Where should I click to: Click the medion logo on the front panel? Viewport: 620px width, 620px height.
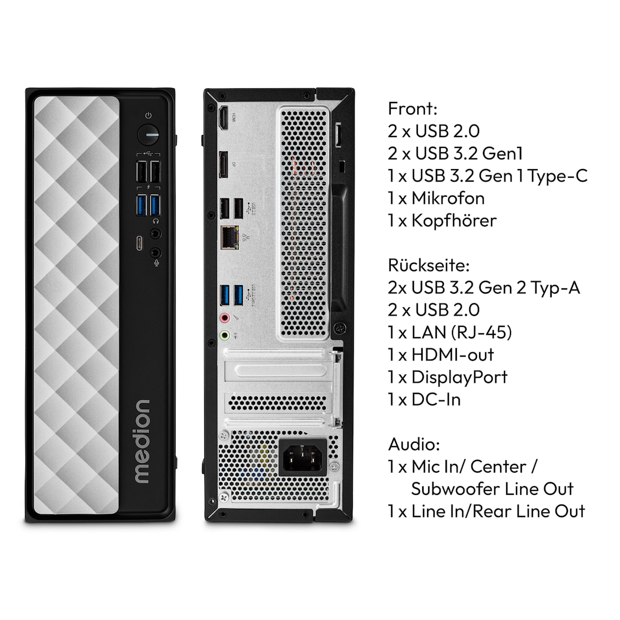click(x=141, y=441)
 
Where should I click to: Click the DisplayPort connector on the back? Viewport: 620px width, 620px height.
click(x=223, y=165)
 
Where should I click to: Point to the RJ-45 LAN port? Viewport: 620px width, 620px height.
click(x=229, y=237)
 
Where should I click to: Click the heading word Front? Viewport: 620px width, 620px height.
click(x=412, y=108)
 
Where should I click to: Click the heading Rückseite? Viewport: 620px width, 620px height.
click(x=429, y=265)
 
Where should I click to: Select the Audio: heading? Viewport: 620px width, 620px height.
click(x=414, y=444)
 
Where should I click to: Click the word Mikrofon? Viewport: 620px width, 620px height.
click(x=448, y=198)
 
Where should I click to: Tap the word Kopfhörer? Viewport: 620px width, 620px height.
click(x=454, y=220)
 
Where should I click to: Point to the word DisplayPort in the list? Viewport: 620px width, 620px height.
click(x=459, y=377)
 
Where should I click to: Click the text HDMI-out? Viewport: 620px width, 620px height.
click(x=453, y=354)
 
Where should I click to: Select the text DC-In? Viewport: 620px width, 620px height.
click(x=436, y=399)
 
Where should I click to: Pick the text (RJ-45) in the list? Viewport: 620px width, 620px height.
click(x=481, y=332)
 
